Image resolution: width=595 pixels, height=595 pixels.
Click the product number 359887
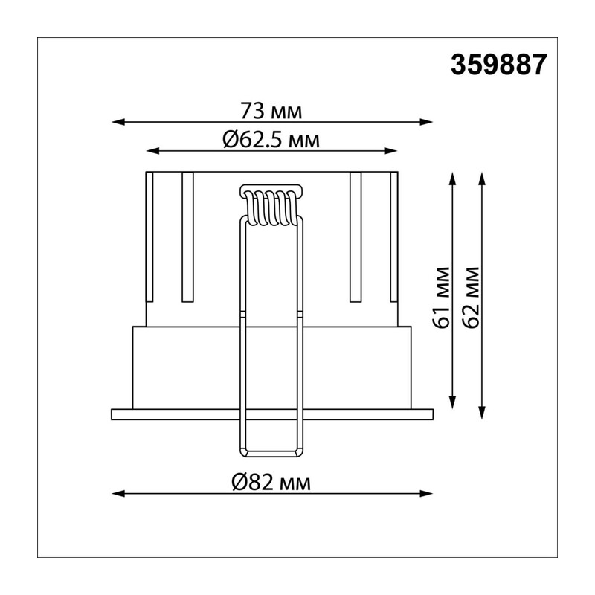click(498, 65)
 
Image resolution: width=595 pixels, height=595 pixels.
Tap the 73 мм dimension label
click(271, 111)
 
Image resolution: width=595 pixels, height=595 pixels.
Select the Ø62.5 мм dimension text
click(271, 140)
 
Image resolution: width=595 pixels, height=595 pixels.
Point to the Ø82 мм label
click(271, 483)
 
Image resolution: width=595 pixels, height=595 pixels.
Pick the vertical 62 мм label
click(472, 297)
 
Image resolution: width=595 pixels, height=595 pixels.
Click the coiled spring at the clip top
click(271, 207)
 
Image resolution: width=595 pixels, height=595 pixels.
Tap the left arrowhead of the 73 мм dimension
click(118, 122)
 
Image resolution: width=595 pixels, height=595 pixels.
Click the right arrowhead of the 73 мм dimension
click(425, 122)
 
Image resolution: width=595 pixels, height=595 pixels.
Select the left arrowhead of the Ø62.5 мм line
click(153, 151)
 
